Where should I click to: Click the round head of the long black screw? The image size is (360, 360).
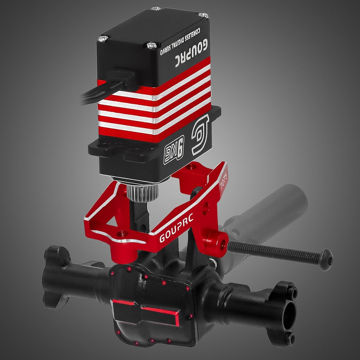click(325, 259)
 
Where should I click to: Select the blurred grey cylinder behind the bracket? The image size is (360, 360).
click(270, 210)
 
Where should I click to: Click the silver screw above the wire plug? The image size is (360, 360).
click(103, 38)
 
